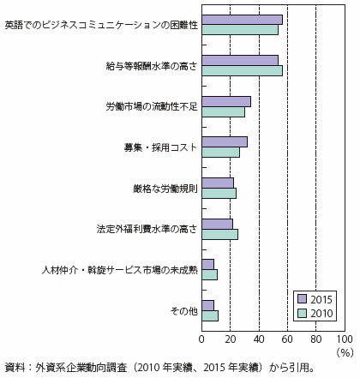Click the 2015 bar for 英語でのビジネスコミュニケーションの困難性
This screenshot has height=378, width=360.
click(x=242, y=20)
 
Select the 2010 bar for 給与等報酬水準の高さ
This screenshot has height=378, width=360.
click(x=242, y=70)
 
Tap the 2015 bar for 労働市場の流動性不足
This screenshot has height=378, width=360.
click(x=226, y=102)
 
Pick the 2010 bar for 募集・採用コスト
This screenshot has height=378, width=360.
click(x=221, y=153)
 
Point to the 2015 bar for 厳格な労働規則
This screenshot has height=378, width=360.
click(x=218, y=183)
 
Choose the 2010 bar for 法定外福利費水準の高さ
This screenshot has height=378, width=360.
click(x=219, y=234)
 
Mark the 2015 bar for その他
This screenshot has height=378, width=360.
click(x=208, y=305)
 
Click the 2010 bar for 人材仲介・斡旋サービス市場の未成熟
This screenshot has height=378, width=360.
click(x=209, y=275)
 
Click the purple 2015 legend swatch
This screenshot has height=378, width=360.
click(x=302, y=299)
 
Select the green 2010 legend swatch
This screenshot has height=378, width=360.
click(x=302, y=314)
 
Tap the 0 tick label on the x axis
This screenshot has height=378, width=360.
click(x=201, y=339)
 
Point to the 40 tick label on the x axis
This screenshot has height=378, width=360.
click(x=259, y=339)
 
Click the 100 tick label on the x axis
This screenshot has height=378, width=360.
click(x=345, y=339)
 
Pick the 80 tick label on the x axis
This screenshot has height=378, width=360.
click(x=315, y=339)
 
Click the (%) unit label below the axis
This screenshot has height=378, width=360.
click(x=345, y=353)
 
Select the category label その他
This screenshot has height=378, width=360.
click(x=183, y=311)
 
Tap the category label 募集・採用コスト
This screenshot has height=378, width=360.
click(x=160, y=147)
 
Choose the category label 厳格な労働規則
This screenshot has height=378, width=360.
click(x=165, y=189)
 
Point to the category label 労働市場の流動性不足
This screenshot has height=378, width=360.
click(x=152, y=106)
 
